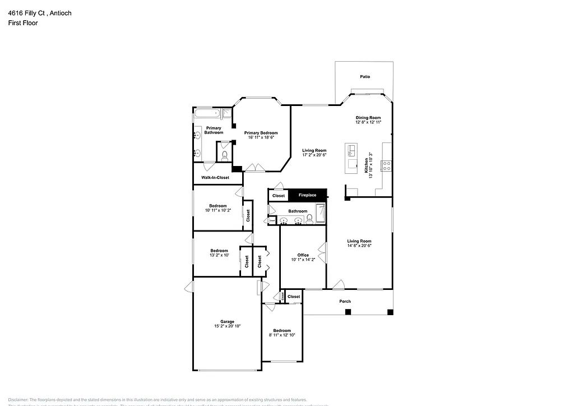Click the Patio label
(365, 77)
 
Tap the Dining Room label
(368, 118)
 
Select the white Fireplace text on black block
(307, 195)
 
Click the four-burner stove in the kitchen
(386, 165)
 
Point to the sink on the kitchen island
(353, 151)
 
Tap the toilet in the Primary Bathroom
(224, 156)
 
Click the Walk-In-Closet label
(215, 178)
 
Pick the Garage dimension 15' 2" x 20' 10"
(227, 326)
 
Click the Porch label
(345, 302)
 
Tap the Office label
(303, 255)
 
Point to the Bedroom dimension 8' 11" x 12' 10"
(282, 335)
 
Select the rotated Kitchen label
(367, 165)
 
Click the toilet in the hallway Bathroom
(309, 219)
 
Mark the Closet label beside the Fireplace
(279, 196)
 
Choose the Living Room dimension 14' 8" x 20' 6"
(359, 246)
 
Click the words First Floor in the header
(23, 23)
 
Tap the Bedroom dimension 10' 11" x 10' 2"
(218, 210)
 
